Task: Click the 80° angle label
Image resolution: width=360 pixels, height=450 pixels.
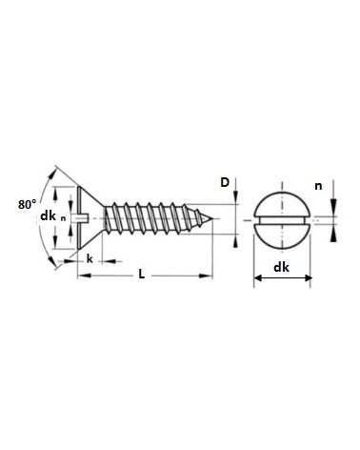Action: pyautogui.click(x=27, y=204)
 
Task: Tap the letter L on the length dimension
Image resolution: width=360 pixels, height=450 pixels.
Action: pyautogui.click(x=142, y=274)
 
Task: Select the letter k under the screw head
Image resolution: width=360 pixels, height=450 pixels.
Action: pyautogui.click(x=90, y=259)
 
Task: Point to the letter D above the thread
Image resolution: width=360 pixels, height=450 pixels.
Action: pyautogui.click(x=225, y=182)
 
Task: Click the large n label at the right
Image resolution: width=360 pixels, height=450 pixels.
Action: pyautogui.click(x=318, y=186)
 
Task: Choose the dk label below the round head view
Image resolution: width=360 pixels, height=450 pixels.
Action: pyautogui.click(x=281, y=267)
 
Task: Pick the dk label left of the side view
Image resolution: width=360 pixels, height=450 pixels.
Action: pyautogui.click(x=48, y=216)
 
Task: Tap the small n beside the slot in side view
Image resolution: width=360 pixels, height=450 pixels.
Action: pyautogui.click(x=64, y=218)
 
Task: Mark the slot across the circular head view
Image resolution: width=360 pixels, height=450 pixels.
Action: pyautogui.click(x=282, y=219)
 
